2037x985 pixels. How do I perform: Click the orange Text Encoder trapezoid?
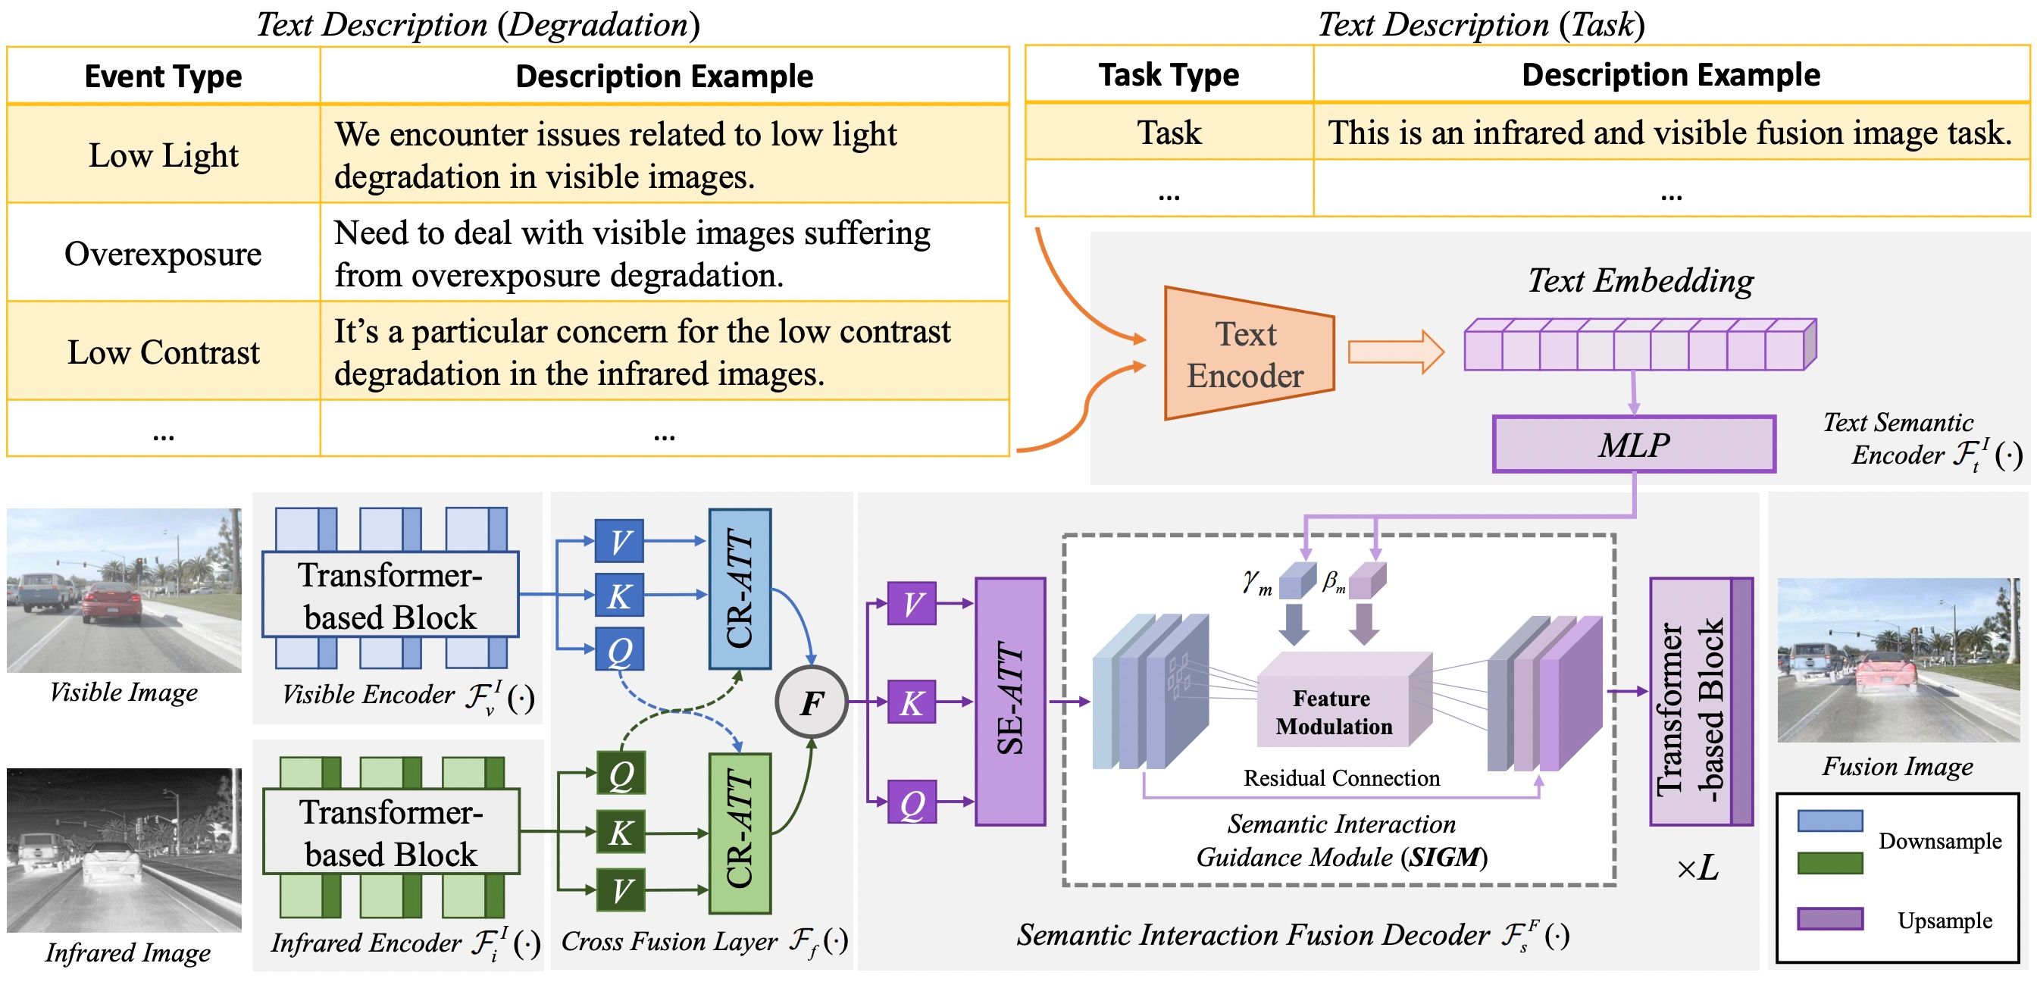pos(1248,353)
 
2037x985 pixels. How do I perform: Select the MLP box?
pos(1633,444)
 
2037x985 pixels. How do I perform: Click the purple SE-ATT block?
pos(1010,701)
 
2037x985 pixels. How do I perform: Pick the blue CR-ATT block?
pos(740,588)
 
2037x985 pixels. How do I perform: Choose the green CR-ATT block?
pos(740,833)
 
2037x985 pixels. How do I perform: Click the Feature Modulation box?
pos(1334,711)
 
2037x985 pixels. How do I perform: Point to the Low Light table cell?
pos(163,155)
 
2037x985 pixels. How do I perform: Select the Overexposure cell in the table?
pos(163,254)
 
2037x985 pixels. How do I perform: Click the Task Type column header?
pos(1168,75)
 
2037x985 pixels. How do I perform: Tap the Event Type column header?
pos(163,77)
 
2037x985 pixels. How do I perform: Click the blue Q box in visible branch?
pos(619,650)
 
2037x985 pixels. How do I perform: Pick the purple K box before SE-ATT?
pos(912,702)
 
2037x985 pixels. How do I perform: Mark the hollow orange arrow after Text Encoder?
pos(1395,352)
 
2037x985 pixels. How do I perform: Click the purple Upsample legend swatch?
pos(1830,918)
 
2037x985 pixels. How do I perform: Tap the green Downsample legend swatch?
pos(1830,861)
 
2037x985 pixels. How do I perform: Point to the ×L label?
pos(1697,869)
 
